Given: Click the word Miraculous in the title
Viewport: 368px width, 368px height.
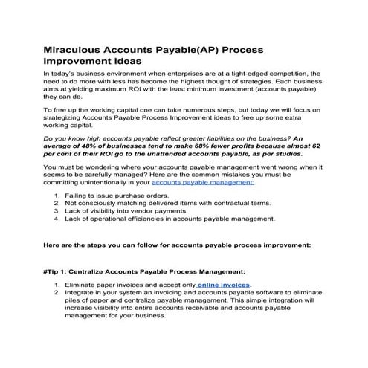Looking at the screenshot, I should point(77,50).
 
